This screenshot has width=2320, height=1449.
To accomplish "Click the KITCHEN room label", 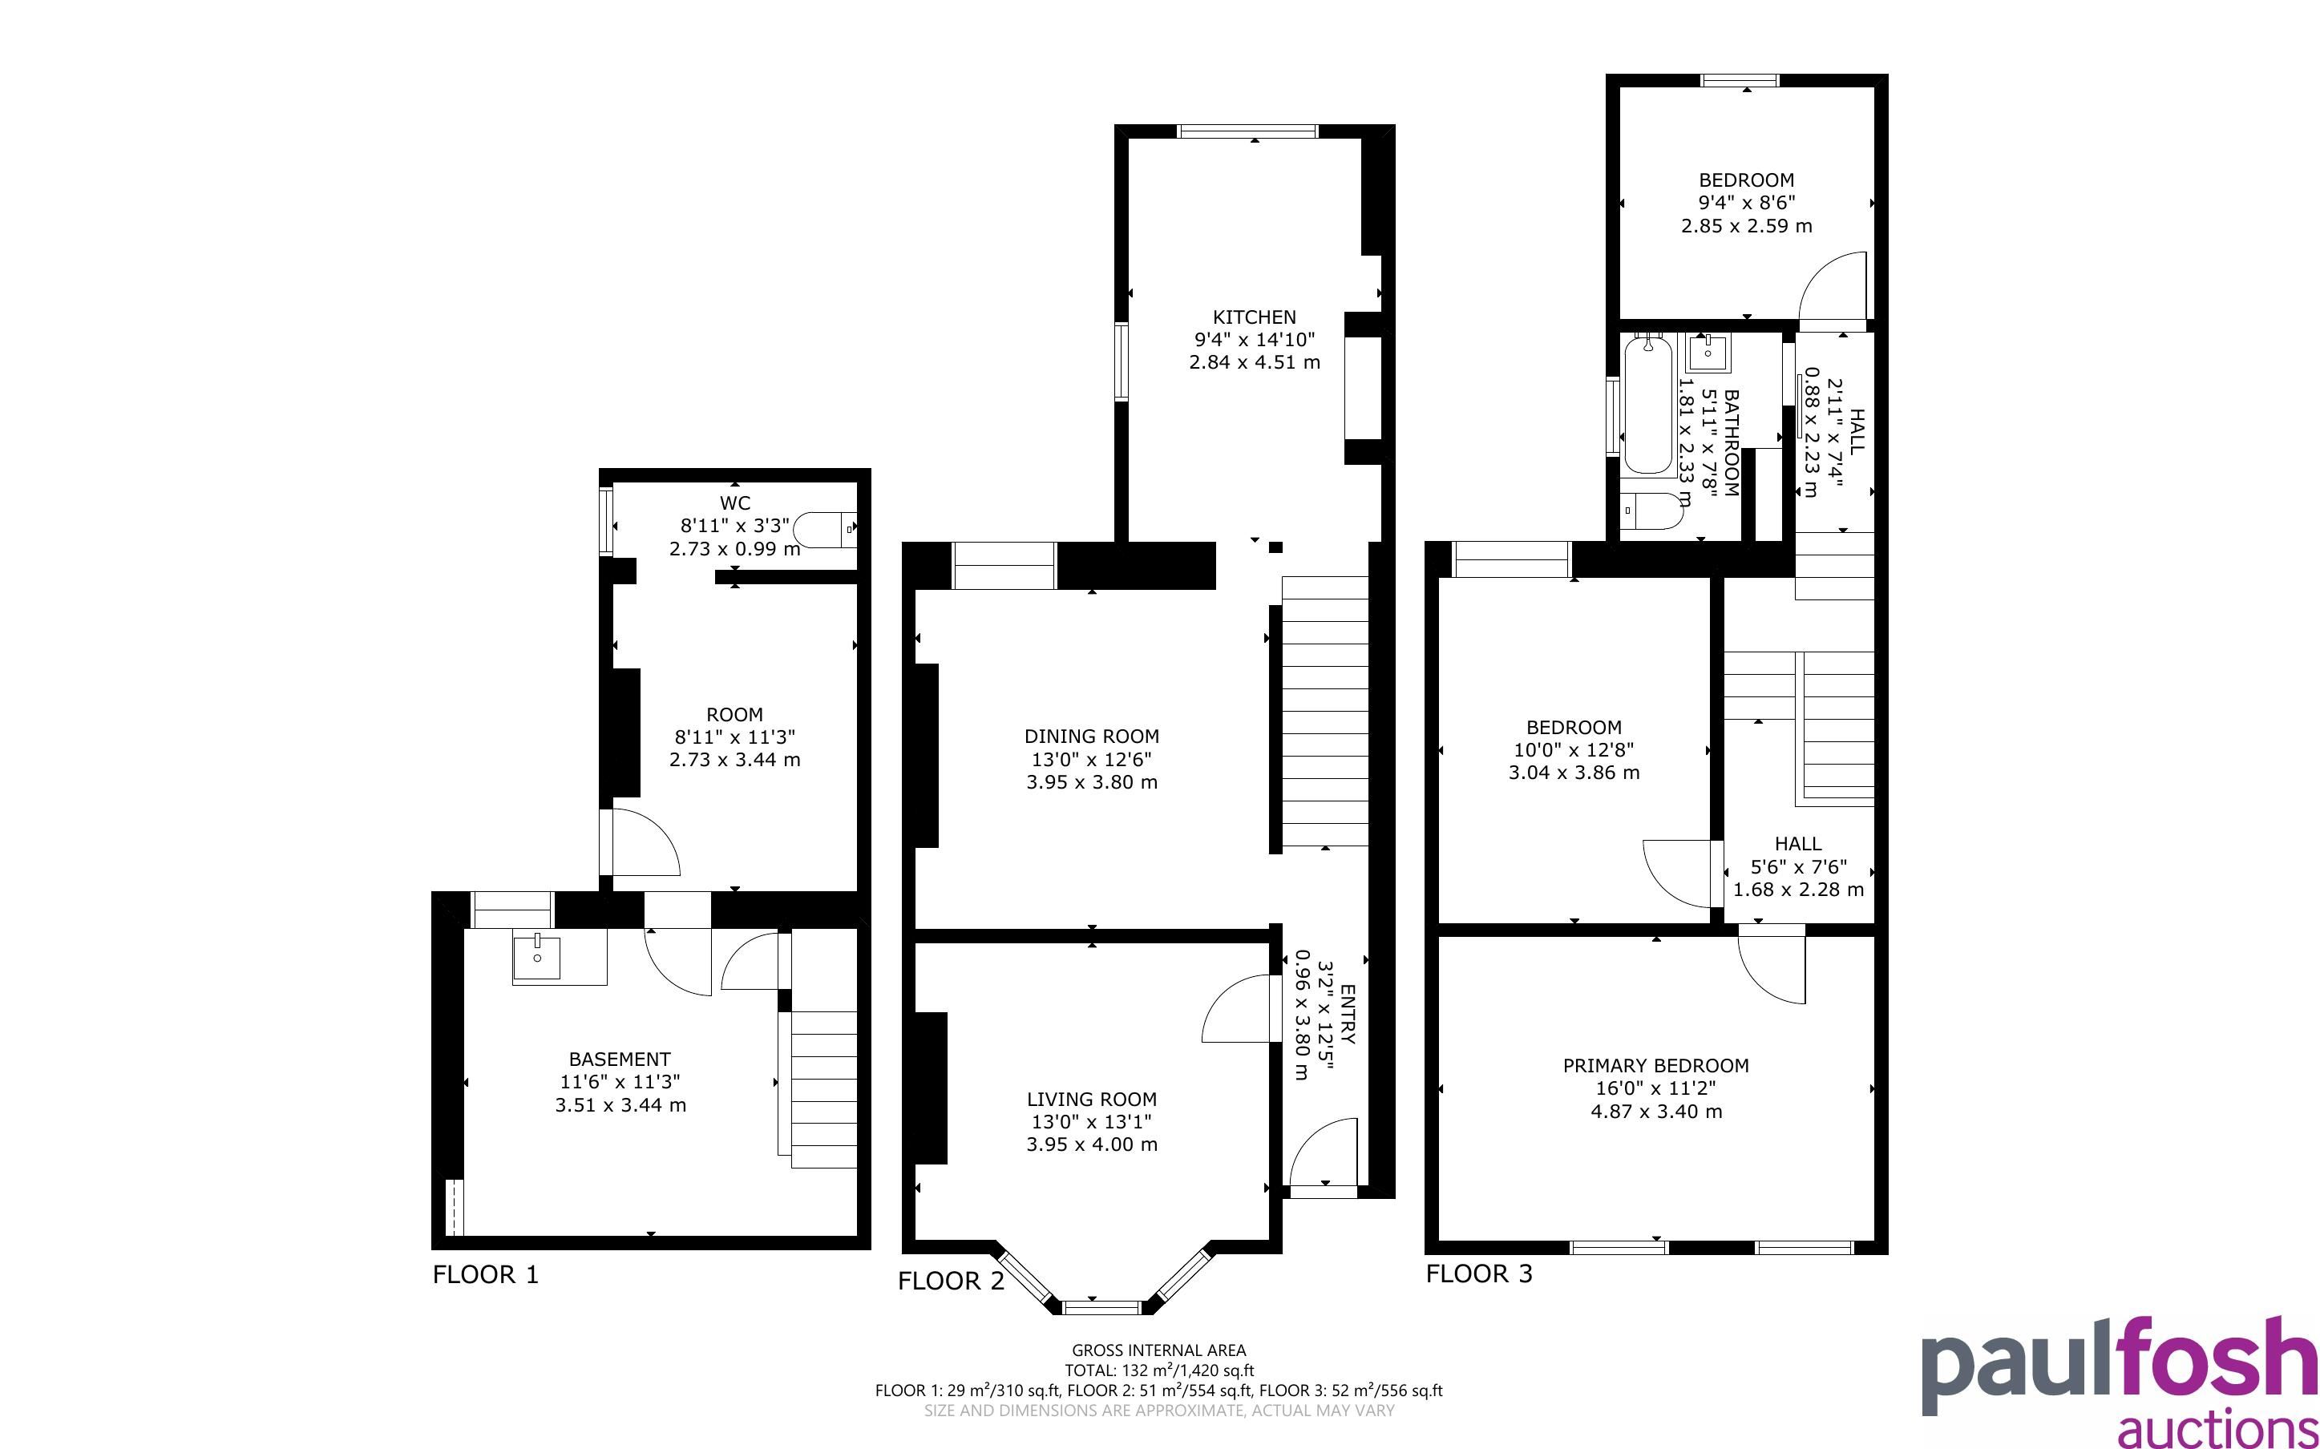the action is click(1255, 317).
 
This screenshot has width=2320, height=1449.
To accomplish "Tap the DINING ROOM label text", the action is click(1092, 736).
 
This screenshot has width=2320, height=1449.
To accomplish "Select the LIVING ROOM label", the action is click(1092, 1100).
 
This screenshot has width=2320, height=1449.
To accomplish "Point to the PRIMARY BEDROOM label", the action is click(1656, 1066).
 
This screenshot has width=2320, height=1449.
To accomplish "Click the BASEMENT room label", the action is click(620, 1059).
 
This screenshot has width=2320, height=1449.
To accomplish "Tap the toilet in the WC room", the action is click(825, 528).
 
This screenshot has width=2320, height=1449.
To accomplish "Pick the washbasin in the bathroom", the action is click(1708, 353).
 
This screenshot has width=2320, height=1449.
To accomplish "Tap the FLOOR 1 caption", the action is click(486, 1274).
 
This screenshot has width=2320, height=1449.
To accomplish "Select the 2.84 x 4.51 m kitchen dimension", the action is click(1255, 362).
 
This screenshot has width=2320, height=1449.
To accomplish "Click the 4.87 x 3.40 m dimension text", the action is click(1656, 1112).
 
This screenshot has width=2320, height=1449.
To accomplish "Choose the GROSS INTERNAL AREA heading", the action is click(1158, 1350).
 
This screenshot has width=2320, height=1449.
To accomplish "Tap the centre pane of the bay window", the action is click(1103, 1306).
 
